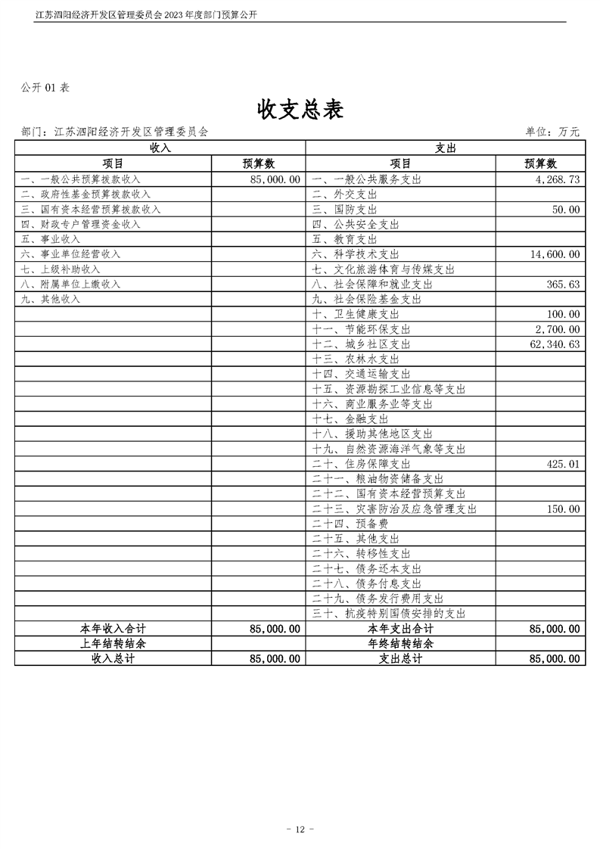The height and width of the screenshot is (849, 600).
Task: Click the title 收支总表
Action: tap(300, 110)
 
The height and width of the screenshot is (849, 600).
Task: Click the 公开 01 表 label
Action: tap(45, 88)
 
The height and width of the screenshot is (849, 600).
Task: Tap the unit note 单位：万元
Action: tap(552, 132)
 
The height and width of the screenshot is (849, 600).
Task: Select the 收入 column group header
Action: tap(160, 148)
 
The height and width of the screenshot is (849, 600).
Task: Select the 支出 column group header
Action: tap(445, 148)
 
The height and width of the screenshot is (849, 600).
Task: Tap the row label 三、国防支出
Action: tap(344, 210)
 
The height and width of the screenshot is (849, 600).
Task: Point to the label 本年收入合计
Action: tap(113, 629)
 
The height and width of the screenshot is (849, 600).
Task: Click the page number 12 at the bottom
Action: tap(300, 830)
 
